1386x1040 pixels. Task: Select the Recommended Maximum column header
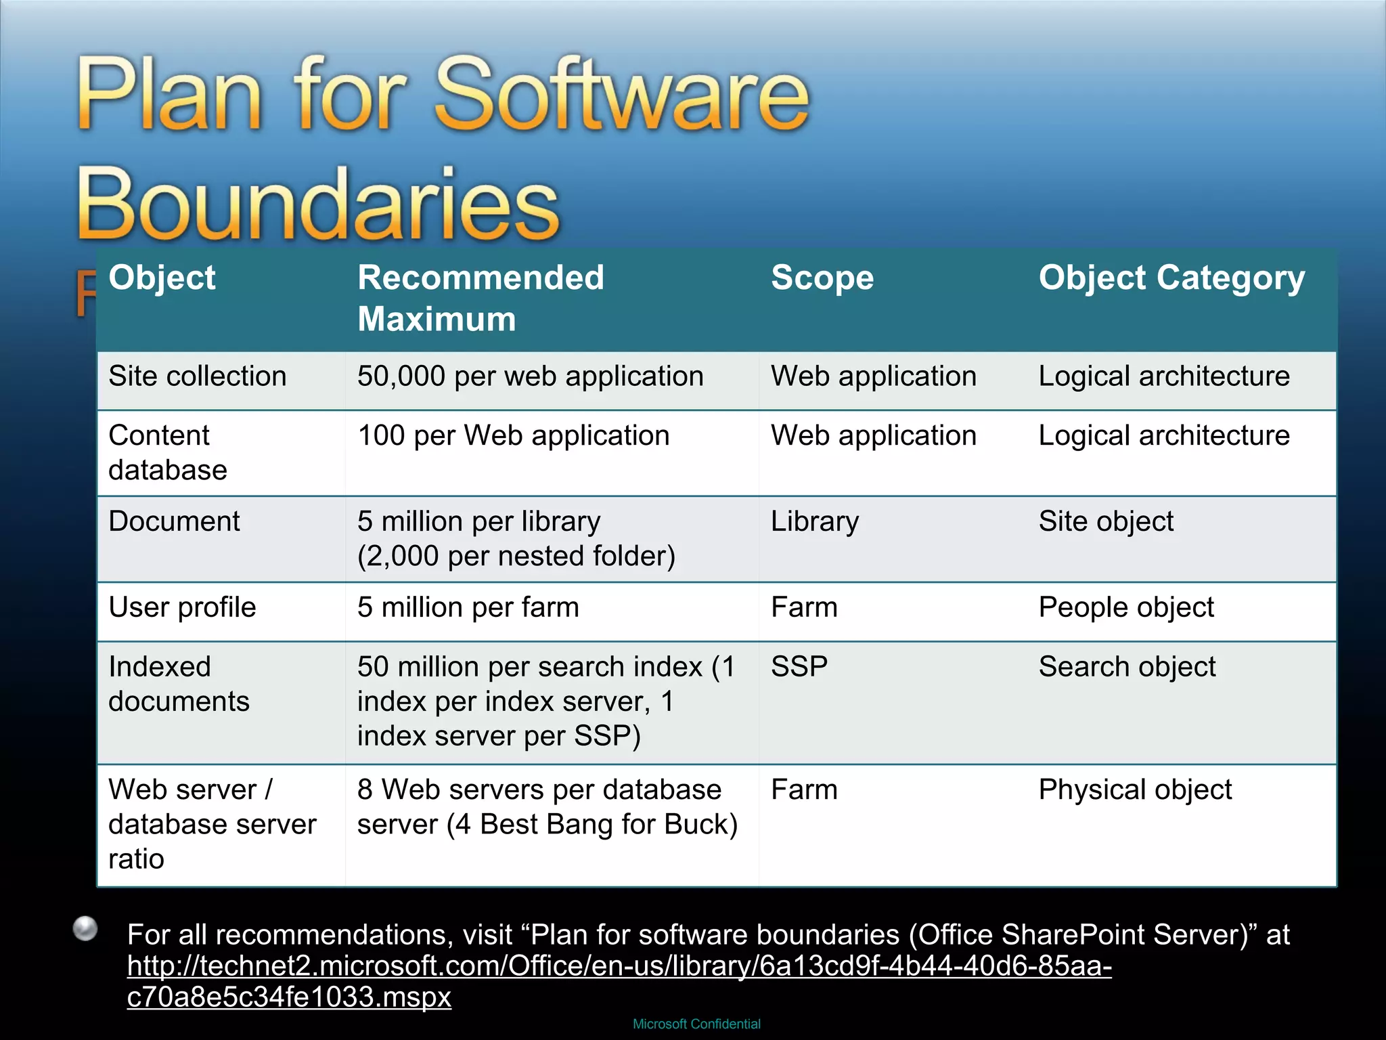pos(480,298)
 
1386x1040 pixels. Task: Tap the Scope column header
pos(822,278)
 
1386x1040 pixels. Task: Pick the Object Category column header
pos(1171,278)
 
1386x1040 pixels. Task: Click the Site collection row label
pos(198,376)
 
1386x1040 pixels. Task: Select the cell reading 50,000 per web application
pos(531,376)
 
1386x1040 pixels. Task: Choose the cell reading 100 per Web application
pos(513,435)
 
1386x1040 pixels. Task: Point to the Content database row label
pos(168,452)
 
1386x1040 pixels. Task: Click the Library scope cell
pos(815,521)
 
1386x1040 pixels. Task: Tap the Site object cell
pos(1106,521)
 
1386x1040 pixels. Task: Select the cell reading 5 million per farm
pos(468,607)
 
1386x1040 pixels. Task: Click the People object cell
pos(1126,607)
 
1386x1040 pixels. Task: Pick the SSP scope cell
pos(799,667)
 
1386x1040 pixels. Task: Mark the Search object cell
pos(1127,667)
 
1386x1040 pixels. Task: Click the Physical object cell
pos(1135,789)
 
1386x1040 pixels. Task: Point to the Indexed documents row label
pos(179,684)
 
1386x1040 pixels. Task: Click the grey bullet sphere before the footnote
pos(85,928)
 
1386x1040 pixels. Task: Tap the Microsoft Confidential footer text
pos(696,1024)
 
